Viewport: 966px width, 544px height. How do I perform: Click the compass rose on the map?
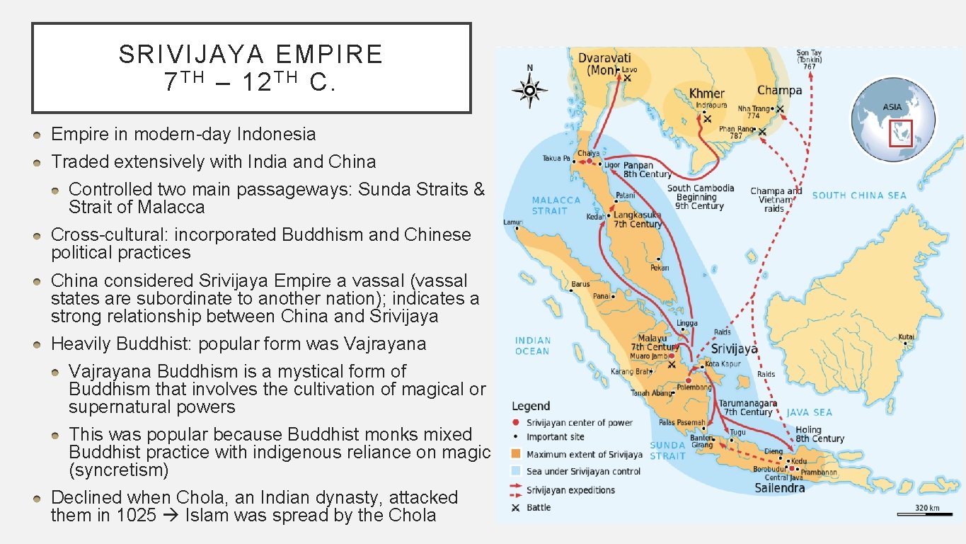(x=531, y=91)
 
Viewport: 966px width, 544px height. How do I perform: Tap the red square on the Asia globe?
(x=900, y=132)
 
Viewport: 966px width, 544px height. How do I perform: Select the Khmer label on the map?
(x=707, y=93)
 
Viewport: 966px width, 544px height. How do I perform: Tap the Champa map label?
(x=779, y=90)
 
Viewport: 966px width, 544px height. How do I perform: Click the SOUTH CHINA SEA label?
(x=858, y=195)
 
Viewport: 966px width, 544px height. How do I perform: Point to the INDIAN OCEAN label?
(x=532, y=346)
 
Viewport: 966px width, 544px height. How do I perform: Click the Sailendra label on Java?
(x=779, y=488)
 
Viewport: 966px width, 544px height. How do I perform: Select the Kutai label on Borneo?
(x=906, y=337)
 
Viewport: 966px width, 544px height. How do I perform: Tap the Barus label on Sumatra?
(x=580, y=284)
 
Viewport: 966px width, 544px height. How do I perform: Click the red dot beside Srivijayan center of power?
(x=516, y=423)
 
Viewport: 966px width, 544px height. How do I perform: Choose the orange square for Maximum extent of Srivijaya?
(x=516, y=455)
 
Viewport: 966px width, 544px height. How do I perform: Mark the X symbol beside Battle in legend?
(x=516, y=508)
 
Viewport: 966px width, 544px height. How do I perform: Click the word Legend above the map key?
(x=531, y=406)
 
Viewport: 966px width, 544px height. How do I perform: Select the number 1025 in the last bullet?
(x=132, y=515)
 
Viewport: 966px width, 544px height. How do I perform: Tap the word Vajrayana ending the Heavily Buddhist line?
(x=385, y=344)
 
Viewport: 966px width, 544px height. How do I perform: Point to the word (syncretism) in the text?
(x=118, y=470)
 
